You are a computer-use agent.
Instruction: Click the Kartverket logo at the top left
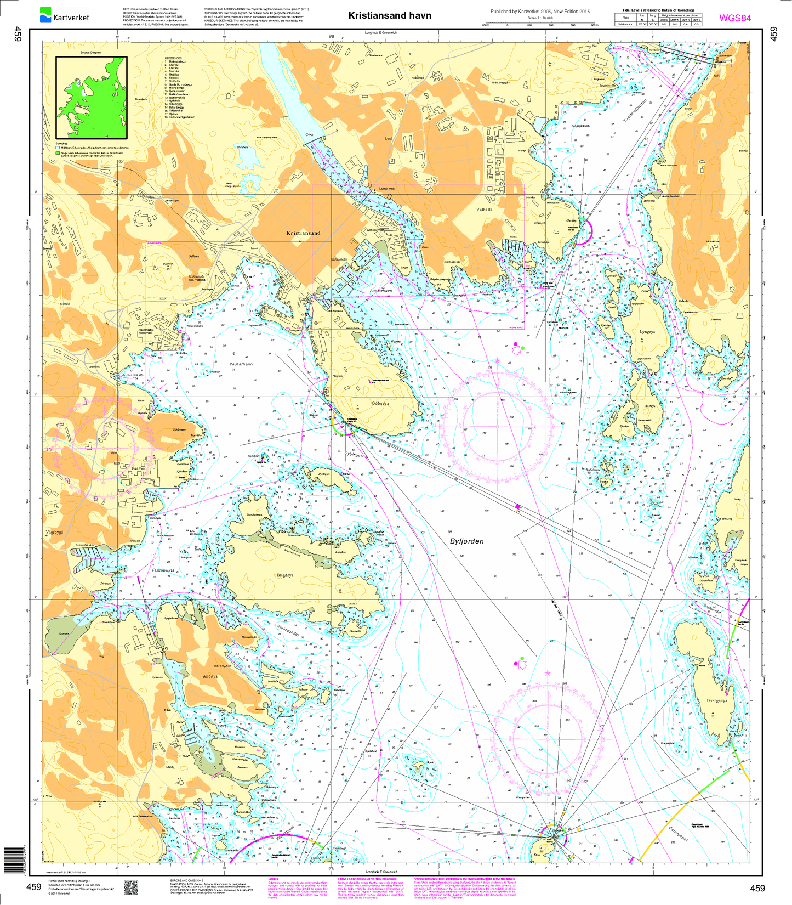tap(64, 15)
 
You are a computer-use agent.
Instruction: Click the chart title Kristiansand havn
tap(390, 15)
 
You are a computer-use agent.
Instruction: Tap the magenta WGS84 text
tap(734, 18)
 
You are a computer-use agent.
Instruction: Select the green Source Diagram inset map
tap(91, 97)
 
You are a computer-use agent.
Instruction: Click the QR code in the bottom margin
tap(130, 887)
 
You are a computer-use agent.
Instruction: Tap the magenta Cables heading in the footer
tap(275, 878)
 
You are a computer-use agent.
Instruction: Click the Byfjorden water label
tap(466, 541)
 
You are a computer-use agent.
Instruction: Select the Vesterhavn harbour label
tap(241, 364)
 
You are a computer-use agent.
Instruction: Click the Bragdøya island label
tap(285, 575)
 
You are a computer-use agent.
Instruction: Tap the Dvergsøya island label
tap(716, 700)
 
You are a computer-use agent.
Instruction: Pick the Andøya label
tap(210, 676)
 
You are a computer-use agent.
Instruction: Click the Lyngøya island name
tap(647, 332)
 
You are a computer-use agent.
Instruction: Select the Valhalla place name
tap(484, 209)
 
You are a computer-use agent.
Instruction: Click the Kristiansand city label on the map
tap(303, 233)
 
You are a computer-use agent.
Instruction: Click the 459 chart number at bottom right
tap(757, 888)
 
